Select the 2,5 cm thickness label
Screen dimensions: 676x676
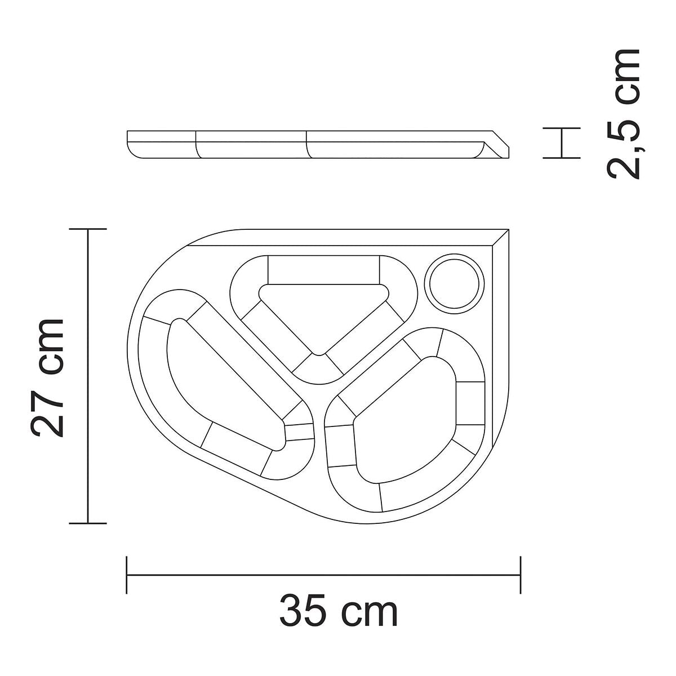pyautogui.click(x=624, y=114)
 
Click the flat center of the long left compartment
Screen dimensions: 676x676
pyautogui.click(x=225, y=383)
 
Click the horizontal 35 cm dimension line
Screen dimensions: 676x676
pyautogui.click(x=323, y=575)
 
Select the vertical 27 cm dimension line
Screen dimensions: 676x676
pyautogui.click(x=88, y=376)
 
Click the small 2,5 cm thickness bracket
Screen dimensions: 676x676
pyautogui.click(x=561, y=143)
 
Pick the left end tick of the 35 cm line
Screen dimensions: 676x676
pyautogui.click(x=127, y=575)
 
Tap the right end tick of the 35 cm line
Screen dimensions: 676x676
pyautogui.click(x=520, y=575)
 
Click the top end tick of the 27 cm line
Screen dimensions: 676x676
pyautogui.click(x=88, y=229)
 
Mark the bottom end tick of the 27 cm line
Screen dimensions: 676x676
pyautogui.click(x=88, y=523)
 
